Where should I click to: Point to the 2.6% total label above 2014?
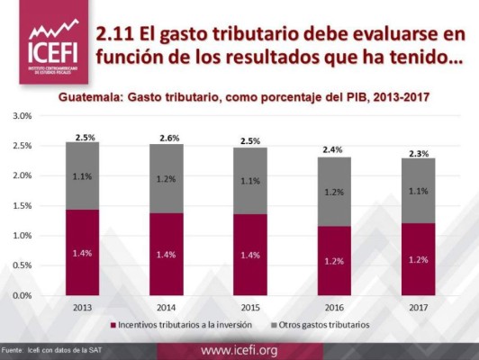pyautogui.click(x=169, y=138)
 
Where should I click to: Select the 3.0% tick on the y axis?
pyautogui.click(x=21, y=116)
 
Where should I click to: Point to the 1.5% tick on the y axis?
pyautogui.click(x=21, y=205)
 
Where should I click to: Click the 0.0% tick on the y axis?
pyautogui.click(x=21, y=294)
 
